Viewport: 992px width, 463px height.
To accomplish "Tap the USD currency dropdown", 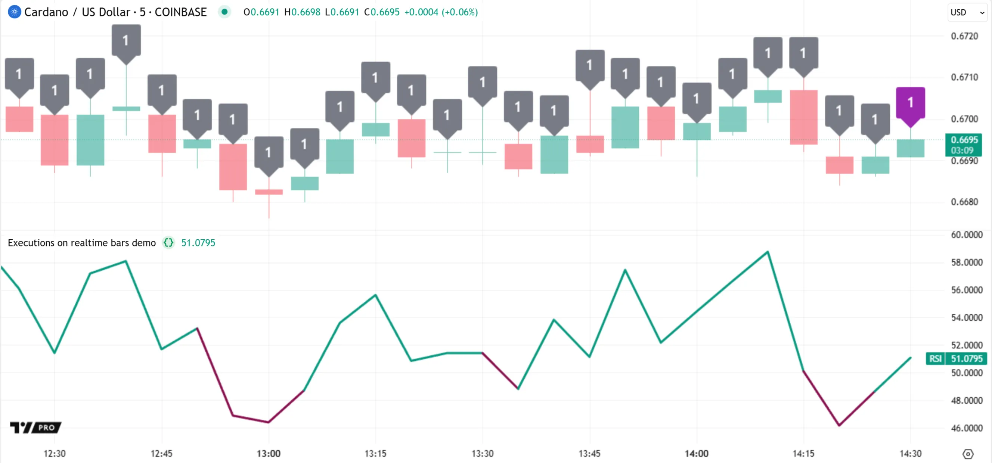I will [967, 12].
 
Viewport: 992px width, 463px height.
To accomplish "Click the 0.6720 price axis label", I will [964, 36].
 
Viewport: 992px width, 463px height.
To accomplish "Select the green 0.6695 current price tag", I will [964, 145].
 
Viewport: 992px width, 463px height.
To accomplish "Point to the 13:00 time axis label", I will [269, 453].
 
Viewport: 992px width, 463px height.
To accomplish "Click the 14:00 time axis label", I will [696, 453].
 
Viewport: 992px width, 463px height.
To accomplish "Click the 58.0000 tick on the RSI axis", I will [967, 262].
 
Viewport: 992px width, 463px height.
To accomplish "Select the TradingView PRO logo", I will [35, 427].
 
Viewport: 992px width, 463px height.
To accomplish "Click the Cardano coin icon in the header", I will [14, 12].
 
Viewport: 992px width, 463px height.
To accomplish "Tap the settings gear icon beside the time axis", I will [968, 454].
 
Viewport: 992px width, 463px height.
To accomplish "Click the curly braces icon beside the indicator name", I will [168, 243].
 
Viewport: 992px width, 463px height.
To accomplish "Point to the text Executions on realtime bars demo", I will [82, 243].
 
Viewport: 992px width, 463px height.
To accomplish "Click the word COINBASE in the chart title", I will [181, 12].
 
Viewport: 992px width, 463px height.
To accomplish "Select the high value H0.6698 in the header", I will [302, 12].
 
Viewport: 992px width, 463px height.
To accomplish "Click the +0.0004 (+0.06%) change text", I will [441, 12].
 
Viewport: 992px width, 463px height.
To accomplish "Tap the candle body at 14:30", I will [910, 148].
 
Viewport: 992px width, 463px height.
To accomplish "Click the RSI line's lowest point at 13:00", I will [269, 422].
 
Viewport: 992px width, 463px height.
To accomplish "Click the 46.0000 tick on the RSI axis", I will [967, 428].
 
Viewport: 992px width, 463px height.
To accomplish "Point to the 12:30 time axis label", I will [54, 453].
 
